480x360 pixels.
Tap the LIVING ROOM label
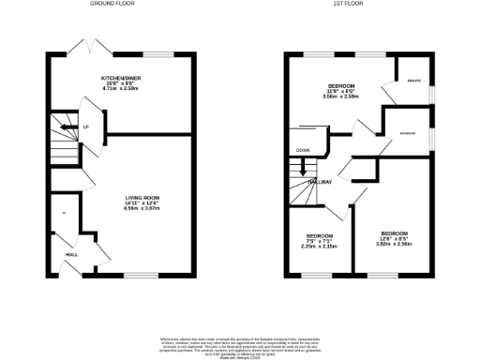(145, 198)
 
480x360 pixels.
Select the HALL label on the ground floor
(70, 253)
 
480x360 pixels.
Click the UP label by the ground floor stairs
(86, 127)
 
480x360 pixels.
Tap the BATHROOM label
(407, 132)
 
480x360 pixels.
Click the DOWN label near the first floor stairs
(303, 150)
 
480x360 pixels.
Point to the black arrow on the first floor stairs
(303, 172)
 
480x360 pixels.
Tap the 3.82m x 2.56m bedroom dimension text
(394, 242)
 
